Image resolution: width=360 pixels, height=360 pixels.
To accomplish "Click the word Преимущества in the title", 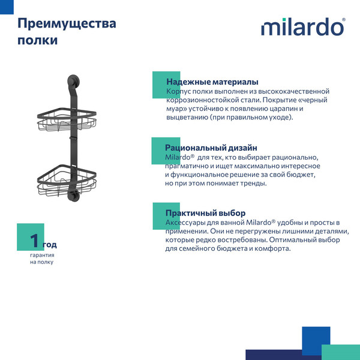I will [67, 24].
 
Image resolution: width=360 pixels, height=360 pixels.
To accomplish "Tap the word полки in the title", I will [38, 41].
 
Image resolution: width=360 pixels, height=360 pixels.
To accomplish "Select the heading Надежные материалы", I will [212, 82].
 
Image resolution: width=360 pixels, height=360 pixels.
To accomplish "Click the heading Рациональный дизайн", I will [211, 148].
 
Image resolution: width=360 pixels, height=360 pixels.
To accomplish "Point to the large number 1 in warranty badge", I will [35, 242].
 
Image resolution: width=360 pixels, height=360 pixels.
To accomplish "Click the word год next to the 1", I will [50, 245].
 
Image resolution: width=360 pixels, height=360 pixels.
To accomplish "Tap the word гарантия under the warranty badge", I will [42, 255].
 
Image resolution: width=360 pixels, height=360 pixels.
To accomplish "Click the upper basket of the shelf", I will [67, 120].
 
